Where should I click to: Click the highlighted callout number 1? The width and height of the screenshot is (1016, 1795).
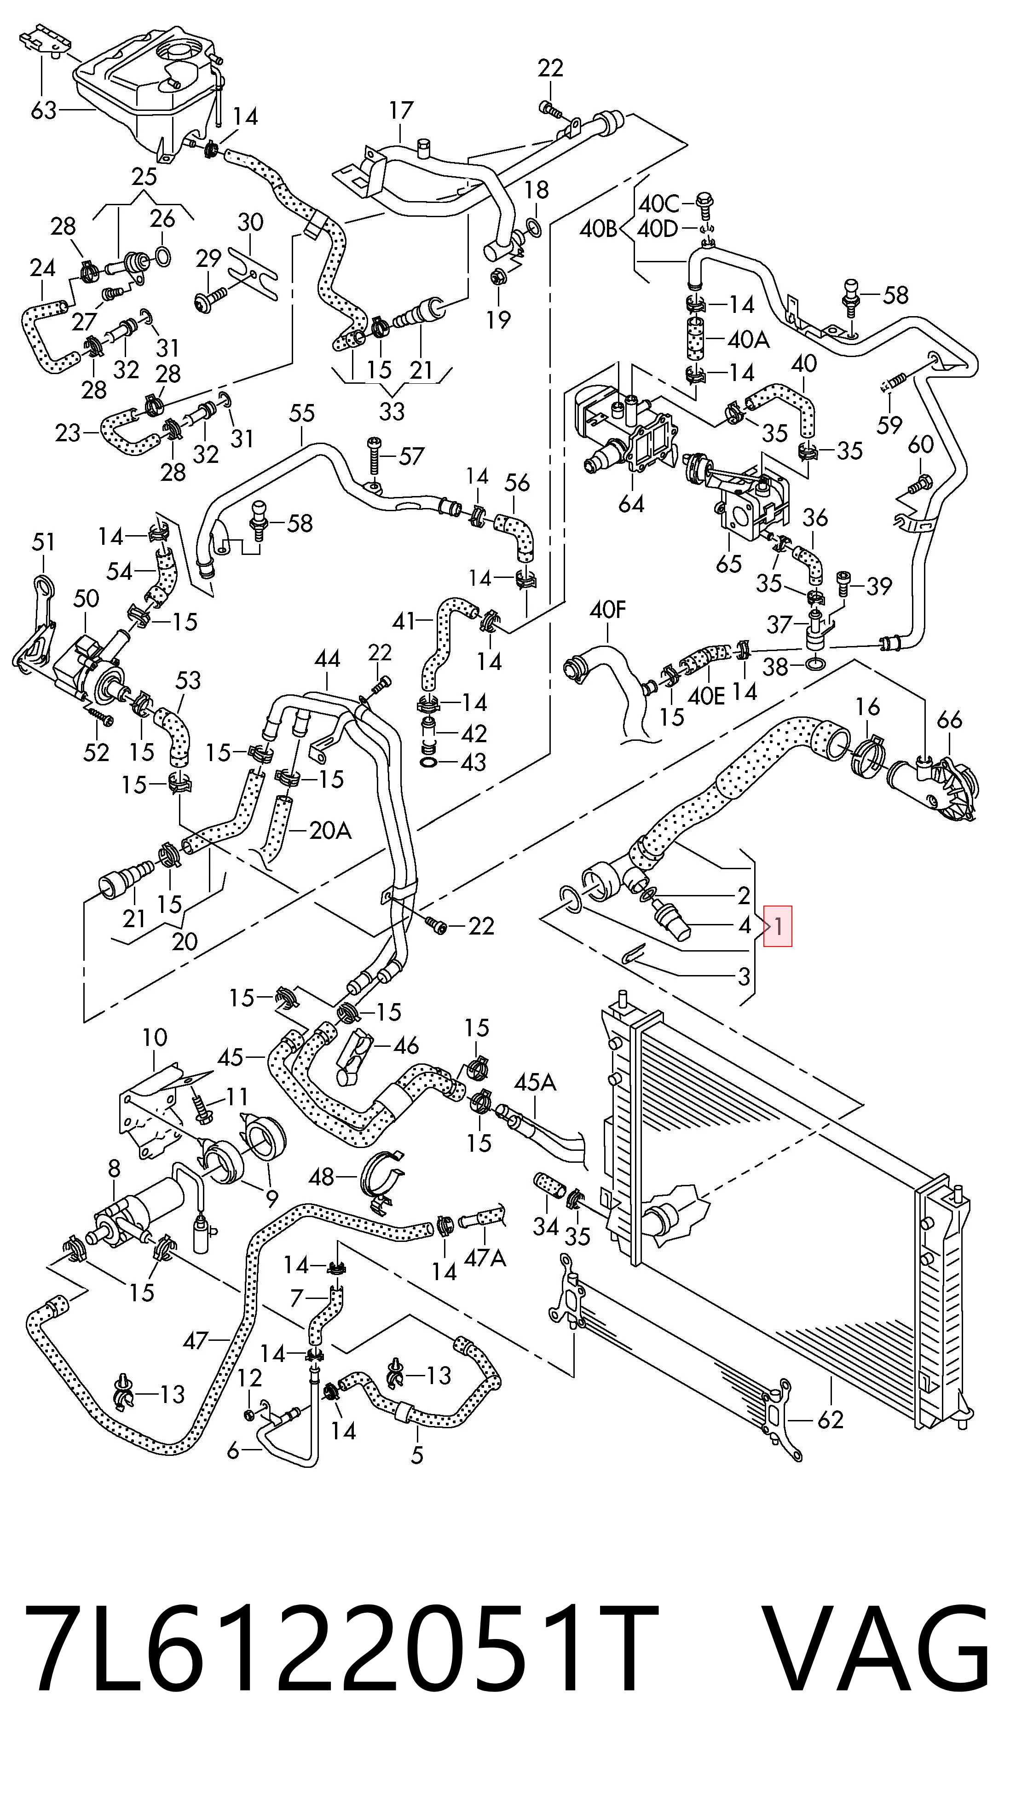778,926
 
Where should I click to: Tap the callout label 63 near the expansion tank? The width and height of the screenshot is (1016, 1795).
43,110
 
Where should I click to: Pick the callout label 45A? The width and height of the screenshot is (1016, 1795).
535,1082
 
